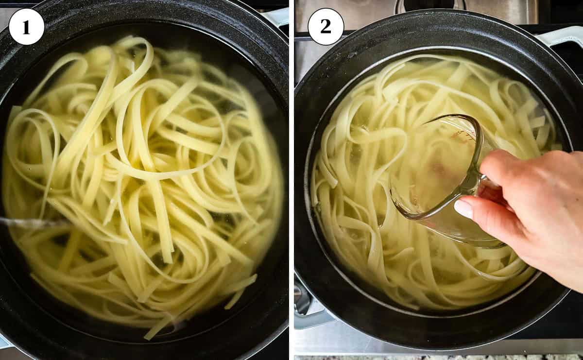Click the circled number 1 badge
(x=26, y=27)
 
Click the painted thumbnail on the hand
(x=463, y=208)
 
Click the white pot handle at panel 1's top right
(x=277, y=17)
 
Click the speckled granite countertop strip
(x=437, y=357)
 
